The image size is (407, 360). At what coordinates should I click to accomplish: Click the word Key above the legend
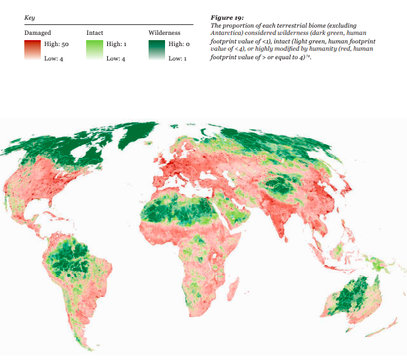click(29, 17)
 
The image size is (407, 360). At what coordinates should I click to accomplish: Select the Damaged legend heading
click(37, 32)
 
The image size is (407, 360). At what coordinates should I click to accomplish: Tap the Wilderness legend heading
click(164, 32)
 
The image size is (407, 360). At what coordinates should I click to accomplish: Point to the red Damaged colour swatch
click(32, 51)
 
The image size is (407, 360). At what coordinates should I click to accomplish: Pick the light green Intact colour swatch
click(95, 51)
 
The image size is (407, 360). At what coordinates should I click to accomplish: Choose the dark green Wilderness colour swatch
click(157, 51)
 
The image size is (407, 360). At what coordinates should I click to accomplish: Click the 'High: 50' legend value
click(55, 43)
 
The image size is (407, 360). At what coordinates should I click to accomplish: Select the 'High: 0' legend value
click(179, 43)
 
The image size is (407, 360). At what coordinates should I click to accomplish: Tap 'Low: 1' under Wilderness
click(178, 59)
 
